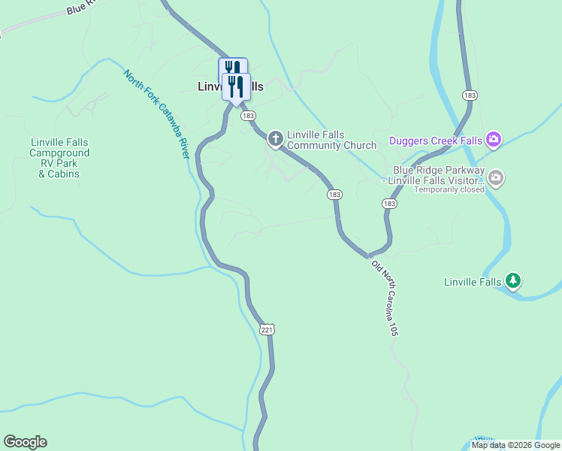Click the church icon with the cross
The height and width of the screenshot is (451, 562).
pyautogui.click(x=276, y=138)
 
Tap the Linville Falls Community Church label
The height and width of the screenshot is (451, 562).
pyautogui.click(x=321, y=141)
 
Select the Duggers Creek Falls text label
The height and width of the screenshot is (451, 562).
pyautogui.click(x=436, y=141)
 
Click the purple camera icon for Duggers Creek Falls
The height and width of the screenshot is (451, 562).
pyautogui.click(x=494, y=139)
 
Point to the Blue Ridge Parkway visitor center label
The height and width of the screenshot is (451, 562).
pyautogui.click(x=434, y=176)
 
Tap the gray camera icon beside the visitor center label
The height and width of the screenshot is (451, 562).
pyautogui.click(x=496, y=178)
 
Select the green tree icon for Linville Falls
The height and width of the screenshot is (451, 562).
pyautogui.click(x=513, y=280)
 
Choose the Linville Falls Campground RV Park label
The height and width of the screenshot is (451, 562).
pyautogui.click(x=59, y=158)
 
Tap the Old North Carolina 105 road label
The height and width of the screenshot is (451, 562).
pyautogui.click(x=383, y=298)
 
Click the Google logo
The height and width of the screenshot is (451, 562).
pyautogui.click(x=25, y=442)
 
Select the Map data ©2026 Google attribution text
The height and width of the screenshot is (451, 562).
pyautogui.click(x=515, y=445)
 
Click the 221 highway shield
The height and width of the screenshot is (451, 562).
pyautogui.click(x=268, y=329)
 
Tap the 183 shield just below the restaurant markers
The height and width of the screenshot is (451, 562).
pyautogui.click(x=249, y=115)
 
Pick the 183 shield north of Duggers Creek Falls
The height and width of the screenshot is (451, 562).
pyautogui.click(x=470, y=95)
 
